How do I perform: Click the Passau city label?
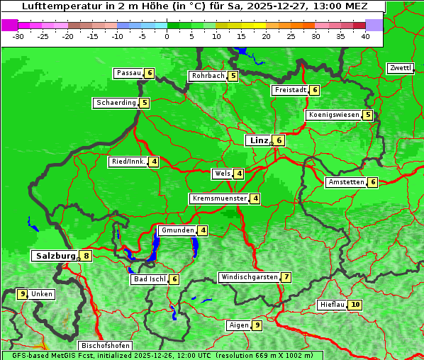[128, 73]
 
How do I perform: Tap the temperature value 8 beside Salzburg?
[86, 256]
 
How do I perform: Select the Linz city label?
[258, 140]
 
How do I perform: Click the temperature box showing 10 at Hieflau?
[355, 305]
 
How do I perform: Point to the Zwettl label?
[400, 68]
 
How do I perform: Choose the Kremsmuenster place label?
[219, 198]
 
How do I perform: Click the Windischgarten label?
[249, 277]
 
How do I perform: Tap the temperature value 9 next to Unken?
[23, 293]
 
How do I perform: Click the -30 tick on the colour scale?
[18, 36]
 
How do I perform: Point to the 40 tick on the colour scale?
[365, 36]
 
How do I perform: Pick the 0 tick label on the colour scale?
[167, 36]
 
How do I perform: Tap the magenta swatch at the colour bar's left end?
[9, 25]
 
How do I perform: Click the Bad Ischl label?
[149, 279]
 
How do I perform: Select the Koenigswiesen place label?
[333, 115]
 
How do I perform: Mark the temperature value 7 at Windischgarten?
[286, 277]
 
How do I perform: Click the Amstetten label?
[345, 182]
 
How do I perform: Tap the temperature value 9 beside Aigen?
[257, 325]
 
